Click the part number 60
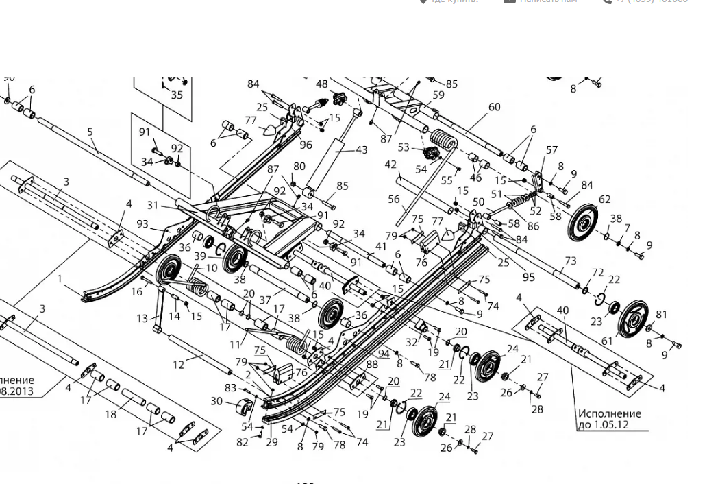pyautogui.click(x=494, y=107)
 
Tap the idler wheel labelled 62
pyautogui.click(x=582, y=221)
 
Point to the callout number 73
pyautogui.click(x=571, y=261)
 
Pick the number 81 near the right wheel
pyautogui.click(x=661, y=315)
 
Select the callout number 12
pyautogui.click(x=179, y=365)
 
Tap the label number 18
pyautogui.click(x=111, y=414)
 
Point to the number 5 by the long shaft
pyautogui.click(x=90, y=132)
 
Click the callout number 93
pyautogui.click(x=142, y=224)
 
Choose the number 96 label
pyautogui.click(x=306, y=145)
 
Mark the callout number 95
pyautogui.click(x=528, y=277)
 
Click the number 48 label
pyautogui.click(x=322, y=84)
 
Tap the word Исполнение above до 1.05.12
pyautogui.click(x=609, y=413)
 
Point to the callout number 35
pyautogui.click(x=177, y=95)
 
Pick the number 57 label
pyautogui.click(x=551, y=150)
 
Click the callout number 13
pyautogui.click(x=142, y=318)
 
